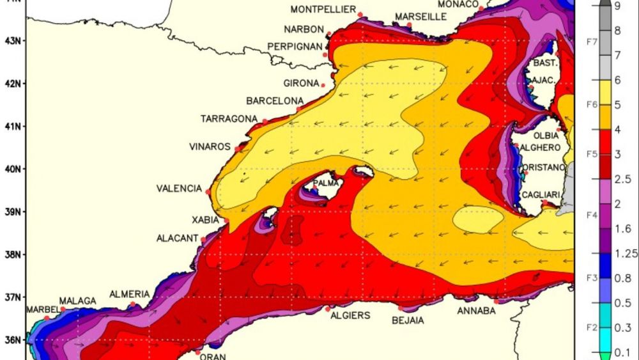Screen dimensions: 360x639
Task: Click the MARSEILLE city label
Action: point(420,17)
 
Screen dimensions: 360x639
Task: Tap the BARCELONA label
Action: point(275,101)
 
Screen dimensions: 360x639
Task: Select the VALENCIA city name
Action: point(179,189)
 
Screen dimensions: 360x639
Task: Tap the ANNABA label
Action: point(476,311)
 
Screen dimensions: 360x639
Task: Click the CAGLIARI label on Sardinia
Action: point(541,195)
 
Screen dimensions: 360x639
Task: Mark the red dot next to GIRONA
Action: point(323,85)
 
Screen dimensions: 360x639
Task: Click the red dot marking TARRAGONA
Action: point(265,121)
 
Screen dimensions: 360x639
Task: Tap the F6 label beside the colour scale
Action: point(592,102)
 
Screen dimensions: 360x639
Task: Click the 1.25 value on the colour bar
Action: point(626,254)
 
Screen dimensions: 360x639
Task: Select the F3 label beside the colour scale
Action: point(592,277)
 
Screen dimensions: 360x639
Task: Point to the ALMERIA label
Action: point(130,294)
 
